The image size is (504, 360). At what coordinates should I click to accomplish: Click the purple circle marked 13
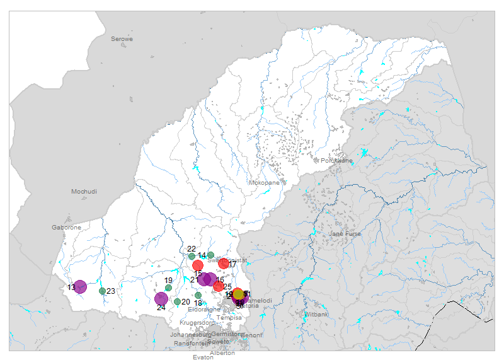click(80, 287)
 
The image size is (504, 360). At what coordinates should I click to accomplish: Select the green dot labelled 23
click(102, 291)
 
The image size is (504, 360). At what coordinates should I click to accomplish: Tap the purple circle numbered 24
click(161, 299)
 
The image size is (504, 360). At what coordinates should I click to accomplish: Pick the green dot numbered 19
click(168, 287)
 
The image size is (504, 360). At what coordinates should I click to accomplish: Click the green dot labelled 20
click(177, 301)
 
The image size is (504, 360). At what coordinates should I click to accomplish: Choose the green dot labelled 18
click(198, 296)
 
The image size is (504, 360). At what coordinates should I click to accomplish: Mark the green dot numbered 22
click(192, 256)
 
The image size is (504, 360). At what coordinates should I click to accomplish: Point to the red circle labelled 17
click(224, 264)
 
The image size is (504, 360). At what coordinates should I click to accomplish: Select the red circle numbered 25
click(218, 286)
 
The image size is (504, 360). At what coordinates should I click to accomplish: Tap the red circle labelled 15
click(198, 265)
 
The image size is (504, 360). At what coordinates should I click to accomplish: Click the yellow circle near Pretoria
click(238, 294)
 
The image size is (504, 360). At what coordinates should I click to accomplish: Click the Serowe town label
click(122, 39)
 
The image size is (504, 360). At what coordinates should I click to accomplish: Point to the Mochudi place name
click(84, 191)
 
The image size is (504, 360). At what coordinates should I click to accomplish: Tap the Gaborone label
click(66, 227)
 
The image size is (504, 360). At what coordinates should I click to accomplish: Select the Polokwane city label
click(336, 160)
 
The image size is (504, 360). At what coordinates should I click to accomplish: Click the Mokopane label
click(264, 182)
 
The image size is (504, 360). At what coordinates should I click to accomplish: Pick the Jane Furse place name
click(345, 234)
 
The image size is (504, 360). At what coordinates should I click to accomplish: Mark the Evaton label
click(203, 357)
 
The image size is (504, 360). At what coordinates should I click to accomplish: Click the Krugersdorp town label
click(197, 322)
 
